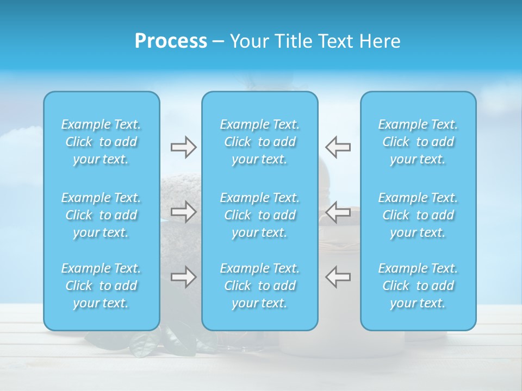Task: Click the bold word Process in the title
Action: (171, 41)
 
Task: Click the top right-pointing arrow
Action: (183, 147)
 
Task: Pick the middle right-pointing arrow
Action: (183, 212)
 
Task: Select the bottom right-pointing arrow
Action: (183, 277)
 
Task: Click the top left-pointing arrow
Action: (338, 147)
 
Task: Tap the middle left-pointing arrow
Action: (338, 212)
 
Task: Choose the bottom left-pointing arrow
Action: (338, 277)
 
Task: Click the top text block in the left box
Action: (101, 142)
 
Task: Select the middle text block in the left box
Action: (101, 215)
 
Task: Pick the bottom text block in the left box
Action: (101, 286)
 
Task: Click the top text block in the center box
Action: (260, 142)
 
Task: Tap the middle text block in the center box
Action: (260, 215)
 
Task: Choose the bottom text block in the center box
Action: (260, 286)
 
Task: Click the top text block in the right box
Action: (418, 142)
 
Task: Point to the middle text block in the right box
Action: (418, 215)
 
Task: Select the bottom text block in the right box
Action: (418, 286)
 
